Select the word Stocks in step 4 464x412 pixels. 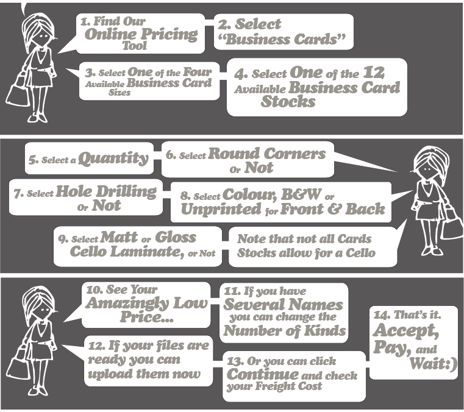[288, 101]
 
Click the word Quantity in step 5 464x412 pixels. [114, 159]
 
